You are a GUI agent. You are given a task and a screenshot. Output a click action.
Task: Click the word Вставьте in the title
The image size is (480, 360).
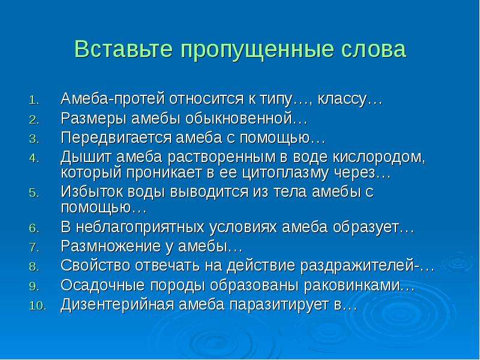[123, 49]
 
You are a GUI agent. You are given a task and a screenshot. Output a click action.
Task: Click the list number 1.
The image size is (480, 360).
[34, 101]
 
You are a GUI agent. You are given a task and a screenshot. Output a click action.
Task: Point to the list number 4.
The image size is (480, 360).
[34, 158]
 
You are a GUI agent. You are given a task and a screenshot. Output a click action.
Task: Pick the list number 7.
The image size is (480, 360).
[34, 247]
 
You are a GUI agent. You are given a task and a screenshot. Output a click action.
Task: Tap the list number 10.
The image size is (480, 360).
[38, 306]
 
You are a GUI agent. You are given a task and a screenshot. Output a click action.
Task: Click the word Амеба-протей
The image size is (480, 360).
[113, 98]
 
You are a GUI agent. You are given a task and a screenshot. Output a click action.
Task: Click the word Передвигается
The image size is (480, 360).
[116, 139]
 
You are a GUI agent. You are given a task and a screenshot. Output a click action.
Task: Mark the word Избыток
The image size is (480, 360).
[92, 192]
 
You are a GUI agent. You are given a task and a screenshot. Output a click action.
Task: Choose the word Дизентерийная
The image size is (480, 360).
[118, 305]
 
